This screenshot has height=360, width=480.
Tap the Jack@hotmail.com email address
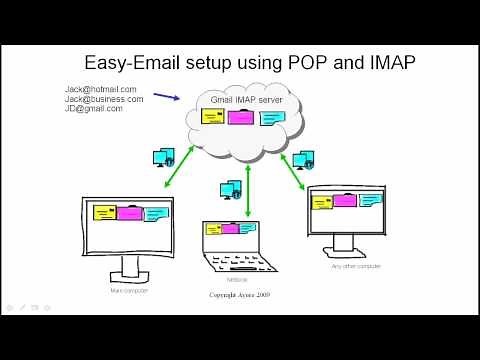pos(100,89)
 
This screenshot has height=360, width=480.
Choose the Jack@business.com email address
pos(104,99)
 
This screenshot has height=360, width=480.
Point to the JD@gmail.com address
pos(94,108)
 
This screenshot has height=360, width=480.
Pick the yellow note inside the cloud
pos(213,117)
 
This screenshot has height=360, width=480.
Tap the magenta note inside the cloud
pos(241,117)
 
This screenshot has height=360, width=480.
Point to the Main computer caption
pos(129,290)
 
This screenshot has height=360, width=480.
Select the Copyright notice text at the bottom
pos(239,295)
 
